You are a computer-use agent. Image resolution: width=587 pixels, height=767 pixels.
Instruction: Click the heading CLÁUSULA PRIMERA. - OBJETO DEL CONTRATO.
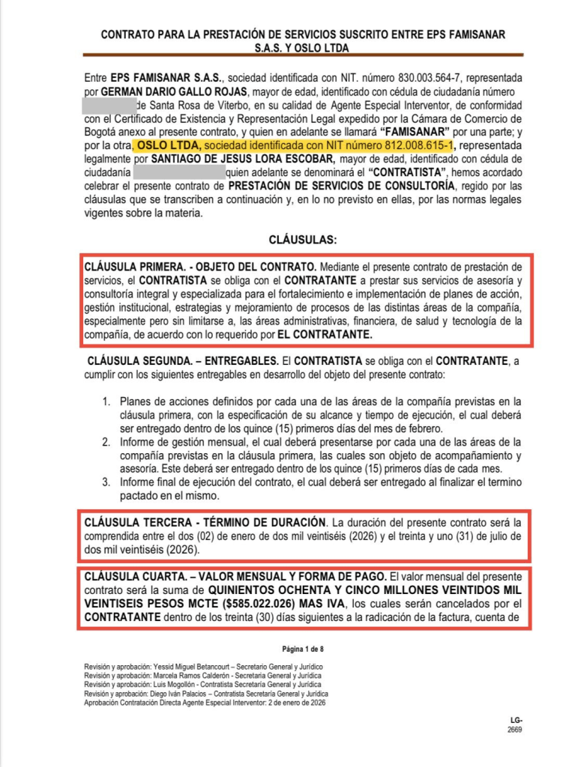pyautogui.click(x=201, y=267)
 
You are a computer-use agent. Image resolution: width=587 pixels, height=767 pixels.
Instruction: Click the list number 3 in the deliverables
pyautogui.click(x=107, y=482)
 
